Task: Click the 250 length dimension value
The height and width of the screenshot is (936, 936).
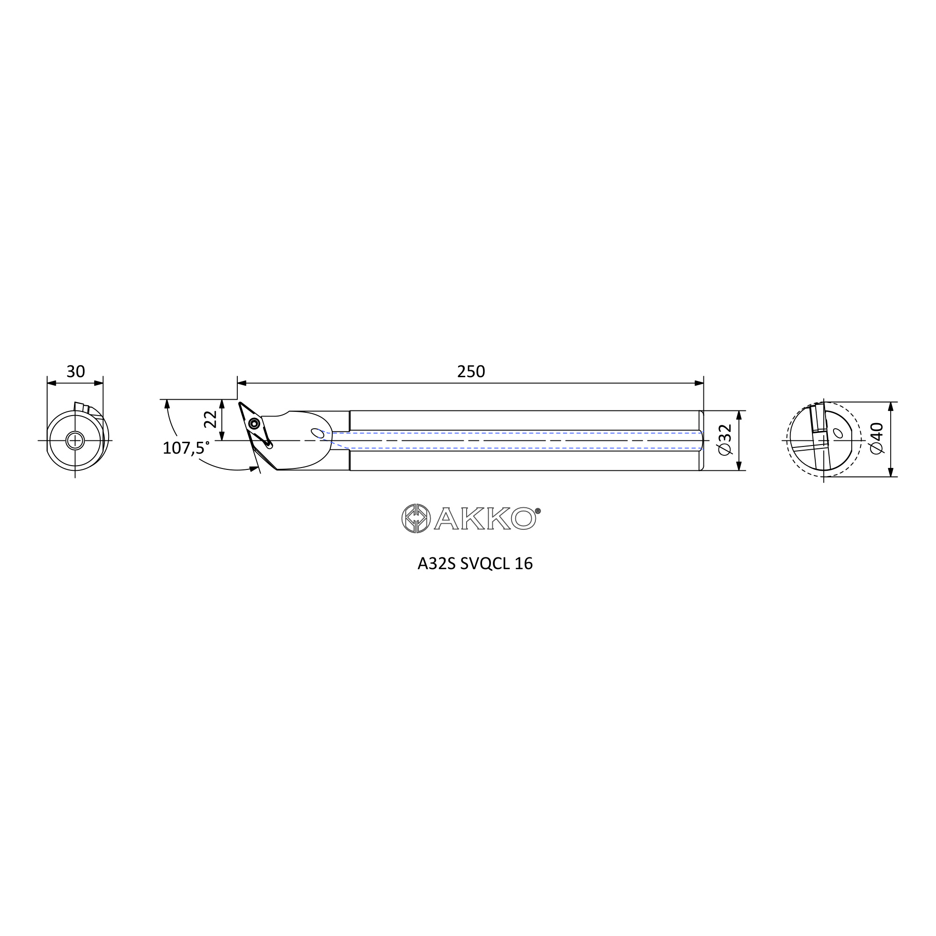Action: tap(471, 372)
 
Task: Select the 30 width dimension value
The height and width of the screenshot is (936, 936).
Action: tap(75, 372)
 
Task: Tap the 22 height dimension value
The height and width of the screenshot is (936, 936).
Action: tap(210, 419)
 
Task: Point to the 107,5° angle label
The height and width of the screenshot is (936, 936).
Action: tap(186, 448)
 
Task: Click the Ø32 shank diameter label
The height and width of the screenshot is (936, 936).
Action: tap(725, 440)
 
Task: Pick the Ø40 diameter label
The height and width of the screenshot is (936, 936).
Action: tap(877, 439)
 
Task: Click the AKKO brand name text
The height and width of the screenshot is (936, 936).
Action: tap(485, 519)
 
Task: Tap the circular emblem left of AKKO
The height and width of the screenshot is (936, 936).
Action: tap(416, 519)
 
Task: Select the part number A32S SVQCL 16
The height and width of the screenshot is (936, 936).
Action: tap(475, 563)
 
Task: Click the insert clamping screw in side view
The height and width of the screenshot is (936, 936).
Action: tap(254, 424)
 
